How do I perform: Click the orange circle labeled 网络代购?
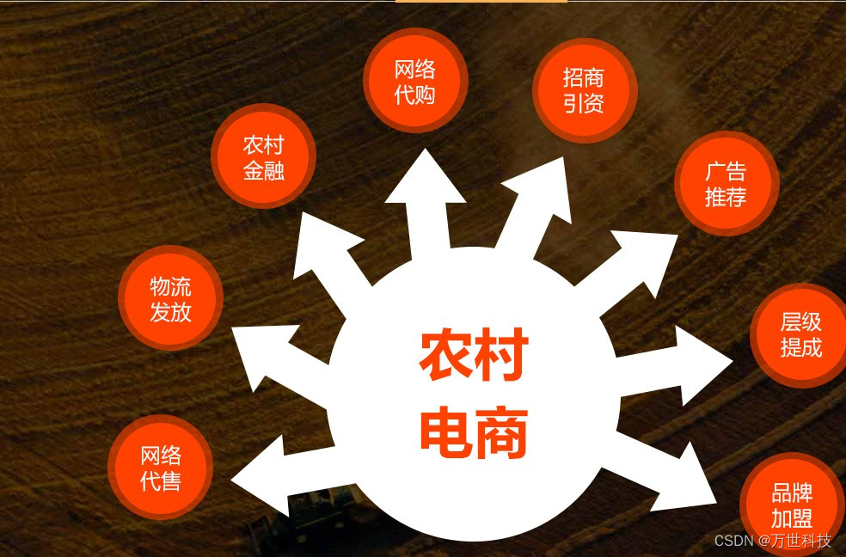pos(415,81)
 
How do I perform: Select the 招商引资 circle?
pos(585,90)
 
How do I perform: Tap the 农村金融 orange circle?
pos(264,156)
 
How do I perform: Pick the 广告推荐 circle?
pos(726,183)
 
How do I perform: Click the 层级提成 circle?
pos(800,334)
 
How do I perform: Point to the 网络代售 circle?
pos(161,467)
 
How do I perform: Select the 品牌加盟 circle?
pos(792,505)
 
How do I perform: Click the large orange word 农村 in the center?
pos(474,357)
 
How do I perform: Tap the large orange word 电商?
pos(474,432)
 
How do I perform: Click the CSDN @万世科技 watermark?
pos(773,541)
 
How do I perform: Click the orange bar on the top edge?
pos(481,2)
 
